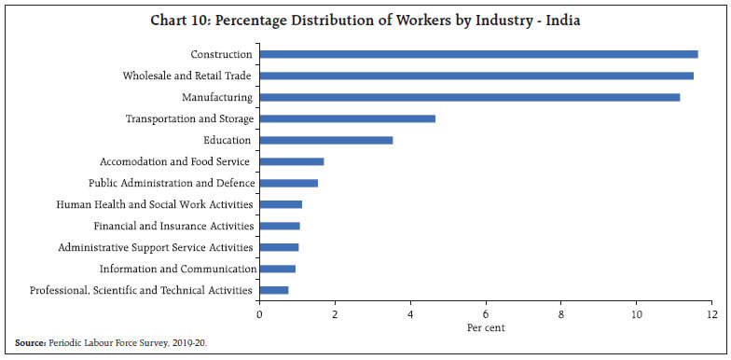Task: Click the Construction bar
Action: click(478, 54)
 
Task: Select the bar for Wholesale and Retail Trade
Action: click(476, 76)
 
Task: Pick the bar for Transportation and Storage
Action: click(347, 118)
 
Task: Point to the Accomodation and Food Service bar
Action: click(292, 161)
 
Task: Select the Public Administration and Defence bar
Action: click(289, 183)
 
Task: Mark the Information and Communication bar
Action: click(278, 269)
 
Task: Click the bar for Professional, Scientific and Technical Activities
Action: click(274, 290)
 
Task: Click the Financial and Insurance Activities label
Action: click(173, 226)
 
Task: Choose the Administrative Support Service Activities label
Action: click(155, 247)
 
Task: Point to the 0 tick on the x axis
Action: click(259, 313)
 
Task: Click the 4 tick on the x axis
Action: click(410, 313)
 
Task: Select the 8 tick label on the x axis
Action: click(560, 313)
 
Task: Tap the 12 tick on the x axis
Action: click(710, 313)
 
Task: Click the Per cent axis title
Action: click(485, 328)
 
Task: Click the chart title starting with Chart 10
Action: click(365, 21)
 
